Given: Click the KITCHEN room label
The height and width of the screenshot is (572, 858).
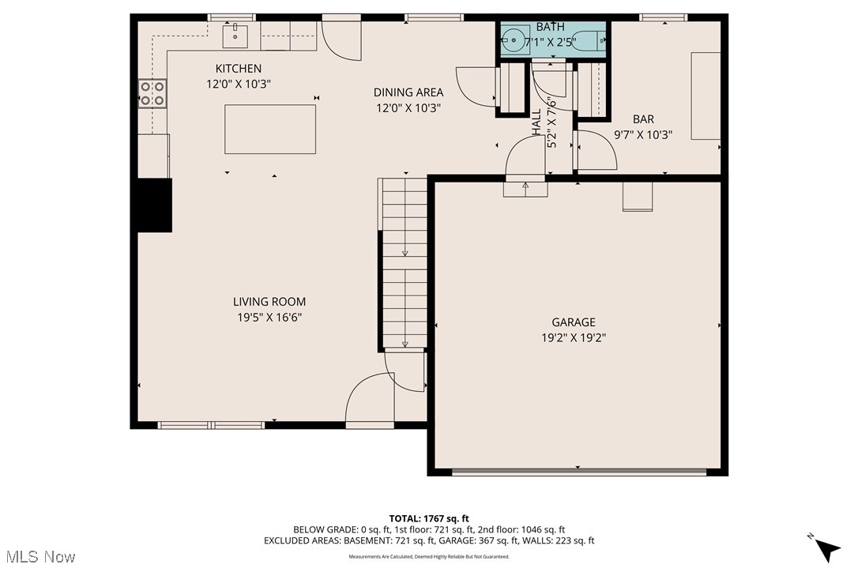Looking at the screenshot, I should pos(239,69).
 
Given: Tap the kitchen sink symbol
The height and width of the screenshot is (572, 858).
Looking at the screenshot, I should pos(236,35).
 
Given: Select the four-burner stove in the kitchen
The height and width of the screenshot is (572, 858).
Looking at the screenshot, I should pos(152,94).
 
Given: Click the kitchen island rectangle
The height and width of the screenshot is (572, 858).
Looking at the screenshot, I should pos(270,129).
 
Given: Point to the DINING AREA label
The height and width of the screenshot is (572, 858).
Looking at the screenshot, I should pos(408,92).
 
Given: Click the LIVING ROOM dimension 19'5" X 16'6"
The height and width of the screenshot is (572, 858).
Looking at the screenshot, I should pos(269,317).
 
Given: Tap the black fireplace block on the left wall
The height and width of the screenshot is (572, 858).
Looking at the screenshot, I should pos(155,205).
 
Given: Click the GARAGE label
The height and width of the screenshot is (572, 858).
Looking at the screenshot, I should pos(574,322).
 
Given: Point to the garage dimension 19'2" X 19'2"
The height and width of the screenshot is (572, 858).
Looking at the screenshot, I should pos(574,337).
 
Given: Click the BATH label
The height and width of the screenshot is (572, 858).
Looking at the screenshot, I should pos(551,27).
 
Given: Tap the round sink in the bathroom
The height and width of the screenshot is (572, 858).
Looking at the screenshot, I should pos(514,40).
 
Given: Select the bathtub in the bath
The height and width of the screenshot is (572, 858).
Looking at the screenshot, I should pos(588,40).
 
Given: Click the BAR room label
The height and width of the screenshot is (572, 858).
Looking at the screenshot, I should pos(643,119).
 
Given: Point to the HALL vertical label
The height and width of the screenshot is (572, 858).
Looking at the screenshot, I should pos(537,122).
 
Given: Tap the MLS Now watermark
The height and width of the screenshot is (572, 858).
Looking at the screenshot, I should pos(38,557).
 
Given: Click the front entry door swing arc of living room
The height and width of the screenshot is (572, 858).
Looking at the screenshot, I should pos(365,399).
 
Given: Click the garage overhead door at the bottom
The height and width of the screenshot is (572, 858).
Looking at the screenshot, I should pos(578,472).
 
